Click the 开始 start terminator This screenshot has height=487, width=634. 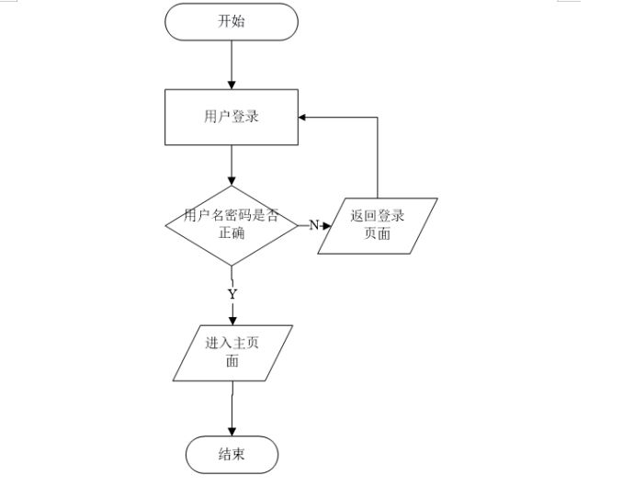pyautogui.click(x=231, y=22)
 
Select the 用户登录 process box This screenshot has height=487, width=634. pyautogui.click(x=231, y=118)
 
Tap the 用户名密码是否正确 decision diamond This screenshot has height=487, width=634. pyautogui.click(x=231, y=224)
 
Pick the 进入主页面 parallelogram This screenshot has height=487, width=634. pyautogui.click(x=233, y=353)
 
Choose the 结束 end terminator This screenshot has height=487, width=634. pyautogui.click(x=231, y=455)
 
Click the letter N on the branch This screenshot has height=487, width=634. pyautogui.click(x=313, y=225)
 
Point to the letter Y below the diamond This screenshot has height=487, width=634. pyautogui.click(x=232, y=294)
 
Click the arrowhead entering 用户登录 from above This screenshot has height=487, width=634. pyautogui.click(x=231, y=85)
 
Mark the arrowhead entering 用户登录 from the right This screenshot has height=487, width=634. pyautogui.click(x=304, y=118)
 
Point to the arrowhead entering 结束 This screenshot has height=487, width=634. pyautogui.click(x=231, y=432)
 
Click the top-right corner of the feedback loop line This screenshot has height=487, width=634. pyautogui.click(x=378, y=118)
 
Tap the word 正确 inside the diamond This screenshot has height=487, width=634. pyautogui.click(x=231, y=233)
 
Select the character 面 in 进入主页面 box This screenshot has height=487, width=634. pyautogui.click(x=232, y=362)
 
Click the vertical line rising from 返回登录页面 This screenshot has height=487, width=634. pyautogui.click(x=378, y=161)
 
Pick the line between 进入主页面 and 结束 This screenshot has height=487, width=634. pyautogui.click(x=231, y=404)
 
